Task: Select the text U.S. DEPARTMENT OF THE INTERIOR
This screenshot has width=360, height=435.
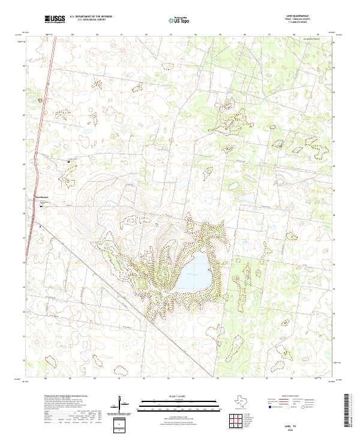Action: click(x=91, y=16)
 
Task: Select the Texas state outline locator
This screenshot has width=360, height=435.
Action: click(x=245, y=401)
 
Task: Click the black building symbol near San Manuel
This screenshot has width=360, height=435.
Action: click(x=43, y=205)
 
